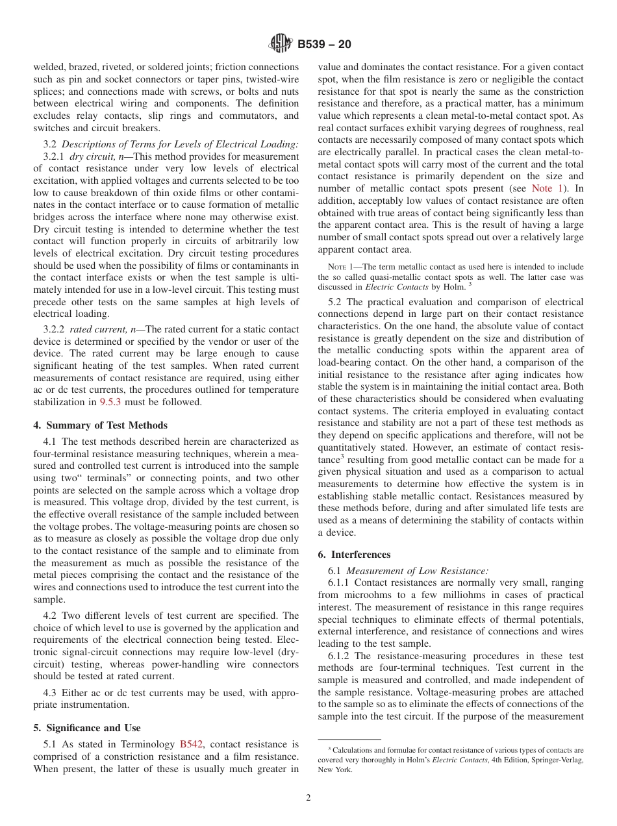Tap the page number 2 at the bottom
pyautogui.click(x=308, y=798)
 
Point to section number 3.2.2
pyautogui.click(x=55, y=330)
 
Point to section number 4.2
pyautogui.click(x=51, y=615)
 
